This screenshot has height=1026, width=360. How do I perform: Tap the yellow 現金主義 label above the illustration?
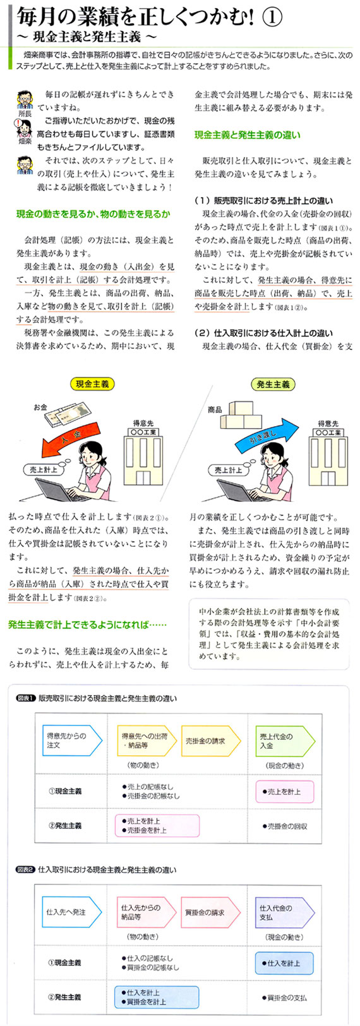click(92, 384)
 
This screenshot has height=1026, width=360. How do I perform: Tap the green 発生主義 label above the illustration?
click(273, 385)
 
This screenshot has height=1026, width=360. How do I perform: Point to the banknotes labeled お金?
click(66, 414)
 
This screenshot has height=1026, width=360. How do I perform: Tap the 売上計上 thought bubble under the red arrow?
click(43, 470)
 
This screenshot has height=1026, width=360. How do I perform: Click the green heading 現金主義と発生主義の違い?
click(248, 135)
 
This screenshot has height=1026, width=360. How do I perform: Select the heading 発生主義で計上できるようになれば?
click(87, 624)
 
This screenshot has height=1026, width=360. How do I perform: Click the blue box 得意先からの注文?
click(72, 740)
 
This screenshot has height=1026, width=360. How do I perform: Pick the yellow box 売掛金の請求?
click(211, 740)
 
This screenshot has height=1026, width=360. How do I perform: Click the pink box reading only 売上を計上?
click(284, 792)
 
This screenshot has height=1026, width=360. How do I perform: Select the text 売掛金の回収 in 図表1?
click(284, 826)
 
